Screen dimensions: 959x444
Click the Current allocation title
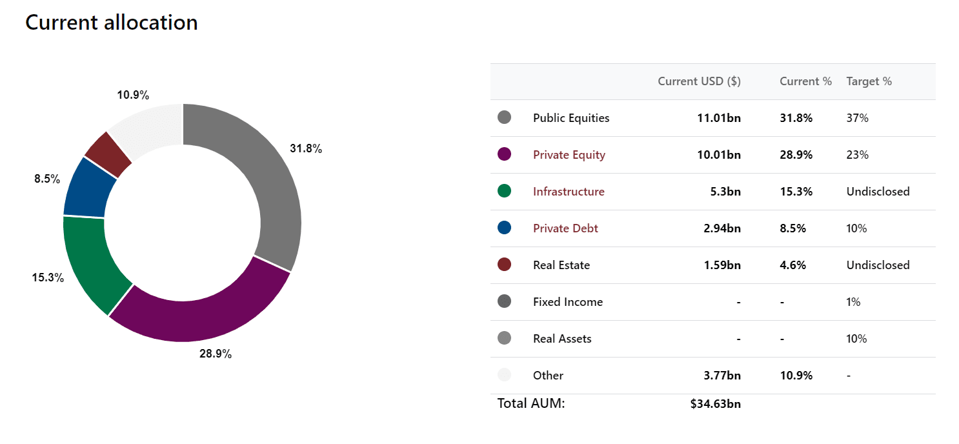(111, 23)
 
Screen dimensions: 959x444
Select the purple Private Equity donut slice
(201, 315)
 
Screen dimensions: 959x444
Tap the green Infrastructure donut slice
(92, 261)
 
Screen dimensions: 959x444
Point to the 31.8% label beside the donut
(306, 148)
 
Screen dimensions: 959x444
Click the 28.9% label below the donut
(216, 354)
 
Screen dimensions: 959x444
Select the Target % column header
(869, 81)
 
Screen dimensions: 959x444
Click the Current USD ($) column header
(699, 81)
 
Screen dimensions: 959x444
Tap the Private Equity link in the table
(569, 155)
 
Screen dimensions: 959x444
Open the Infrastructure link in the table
(569, 192)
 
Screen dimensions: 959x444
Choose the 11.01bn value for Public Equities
(719, 118)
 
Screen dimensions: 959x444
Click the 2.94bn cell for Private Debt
(722, 228)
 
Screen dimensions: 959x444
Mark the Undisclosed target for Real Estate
(878, 265)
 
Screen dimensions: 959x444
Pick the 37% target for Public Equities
(857, 118)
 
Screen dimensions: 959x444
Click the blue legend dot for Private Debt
(504, 227)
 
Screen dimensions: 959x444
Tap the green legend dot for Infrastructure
(504, 190)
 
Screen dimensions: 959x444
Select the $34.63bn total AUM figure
(716, 404)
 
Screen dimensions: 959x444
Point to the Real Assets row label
(562, 339)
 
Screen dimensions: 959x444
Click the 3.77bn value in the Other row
(722, 376)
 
